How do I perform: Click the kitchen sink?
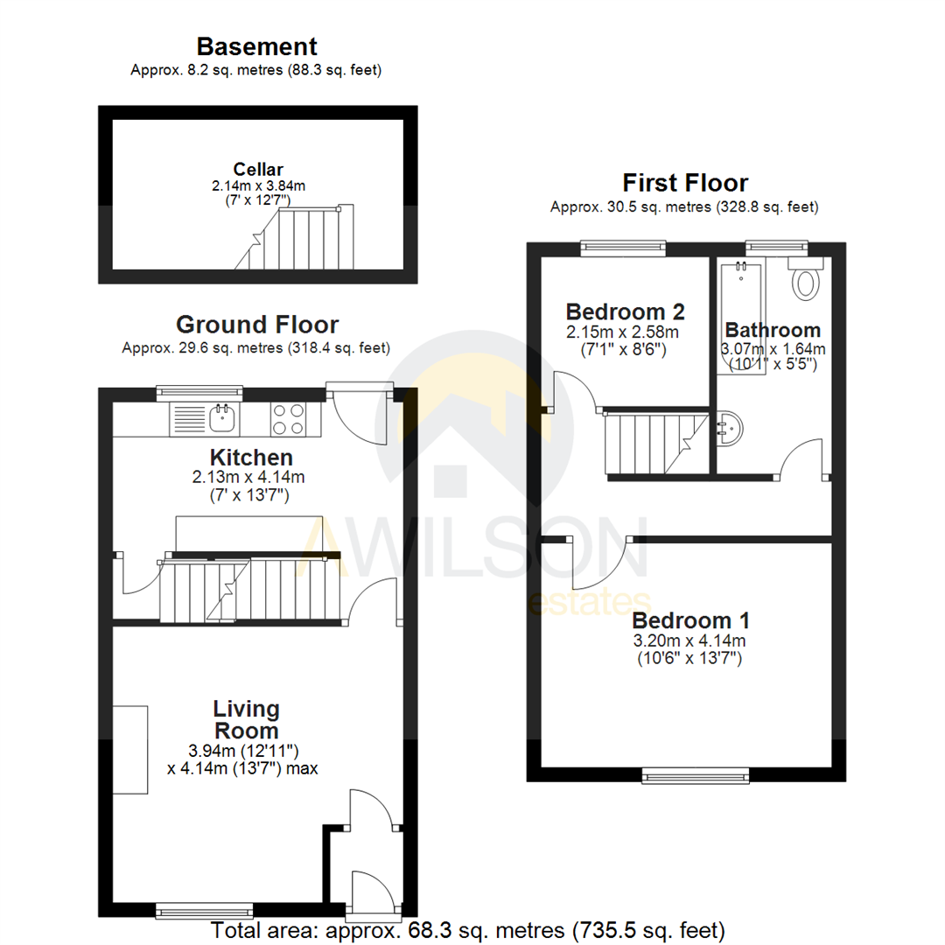point(214,418)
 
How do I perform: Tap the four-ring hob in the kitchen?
point(288,418)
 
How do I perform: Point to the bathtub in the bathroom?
point(740,315)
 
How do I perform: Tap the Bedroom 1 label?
point(690,620)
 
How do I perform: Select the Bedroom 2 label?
point(625,311)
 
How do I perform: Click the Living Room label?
point(246,719)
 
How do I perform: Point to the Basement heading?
point(256,46)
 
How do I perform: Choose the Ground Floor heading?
point(257,325)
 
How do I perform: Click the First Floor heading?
point(685,183)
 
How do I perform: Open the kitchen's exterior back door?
point(359,416)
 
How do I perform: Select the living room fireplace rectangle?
point(130,749)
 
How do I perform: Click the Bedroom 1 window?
point(696,773)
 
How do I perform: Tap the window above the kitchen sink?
point(199,393)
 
